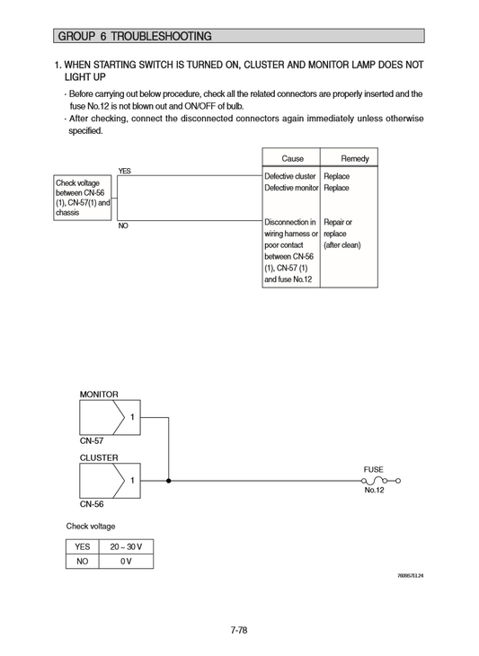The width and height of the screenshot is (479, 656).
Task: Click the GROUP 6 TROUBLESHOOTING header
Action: coord(135,37)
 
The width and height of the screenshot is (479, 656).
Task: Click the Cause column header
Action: coord(292,158)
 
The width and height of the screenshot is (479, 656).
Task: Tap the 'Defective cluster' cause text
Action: coord(290,176)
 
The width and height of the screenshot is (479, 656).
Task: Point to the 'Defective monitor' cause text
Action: coord(291,188)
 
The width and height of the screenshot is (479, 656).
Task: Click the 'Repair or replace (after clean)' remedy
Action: coord(342,233)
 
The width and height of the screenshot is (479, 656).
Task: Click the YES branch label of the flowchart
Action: coord(124,171)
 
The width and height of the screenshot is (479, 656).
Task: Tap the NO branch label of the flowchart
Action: coord(123,226)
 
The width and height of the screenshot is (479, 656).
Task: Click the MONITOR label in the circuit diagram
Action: coord(99,394)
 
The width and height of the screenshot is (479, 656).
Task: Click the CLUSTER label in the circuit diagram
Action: coord(99,457)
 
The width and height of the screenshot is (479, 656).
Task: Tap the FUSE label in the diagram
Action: coord(373,469)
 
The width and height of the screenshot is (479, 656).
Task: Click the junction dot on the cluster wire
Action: coord(168,481)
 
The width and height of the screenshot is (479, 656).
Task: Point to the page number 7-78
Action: coord(238,630)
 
